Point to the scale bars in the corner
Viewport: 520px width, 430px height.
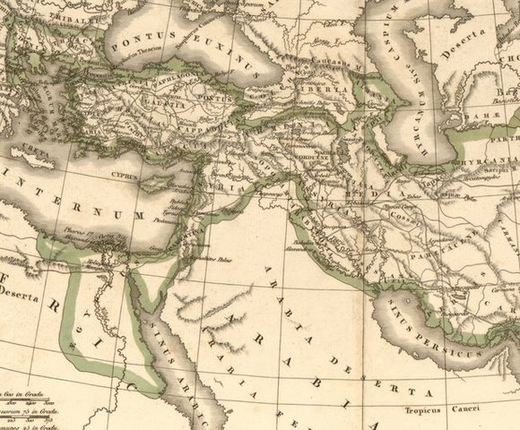(x=22, y=404)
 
